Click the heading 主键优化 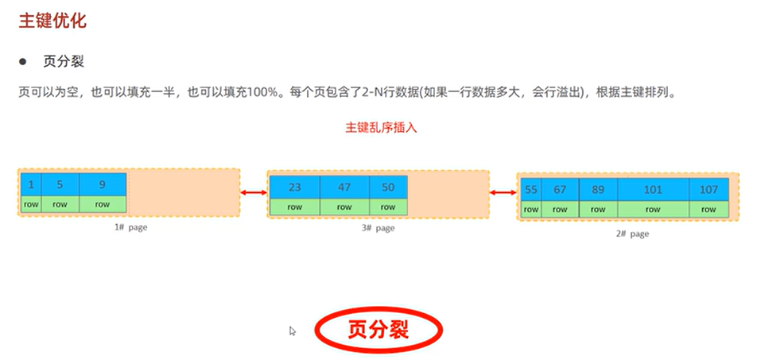pos(52,21)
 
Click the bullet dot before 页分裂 pos(24,61)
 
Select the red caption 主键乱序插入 pos(381,127)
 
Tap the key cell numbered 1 pos(30,184)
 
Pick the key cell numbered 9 pos(103,184)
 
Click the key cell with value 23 pos(294,188)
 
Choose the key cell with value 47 pos(344,188)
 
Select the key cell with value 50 pos(388,188)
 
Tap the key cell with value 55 pos(530,190)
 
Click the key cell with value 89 pos(598,190)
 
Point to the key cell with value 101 pos(653,190)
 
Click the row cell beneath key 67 pos(561,209)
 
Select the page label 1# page pos(130,227)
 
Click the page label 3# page pos(378,228)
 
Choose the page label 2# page pos(632,234)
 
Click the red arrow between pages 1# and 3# pos(254,192)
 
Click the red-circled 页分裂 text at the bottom pos(378,329)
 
